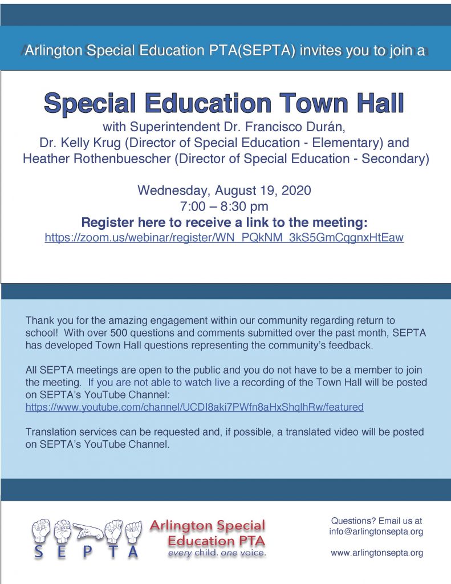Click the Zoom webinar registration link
(224, 238)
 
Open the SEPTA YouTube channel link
(194, 407)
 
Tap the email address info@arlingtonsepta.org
(376, 532)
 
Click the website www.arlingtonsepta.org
(376, 553)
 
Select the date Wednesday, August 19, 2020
(224, 190)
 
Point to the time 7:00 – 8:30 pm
(224, 206)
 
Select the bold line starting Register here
(224, 222)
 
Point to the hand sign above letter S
(41, 531)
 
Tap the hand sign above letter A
(133, 531)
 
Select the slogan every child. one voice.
(216, 553)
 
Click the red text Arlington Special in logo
(208, 526)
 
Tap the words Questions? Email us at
(376, 521)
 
